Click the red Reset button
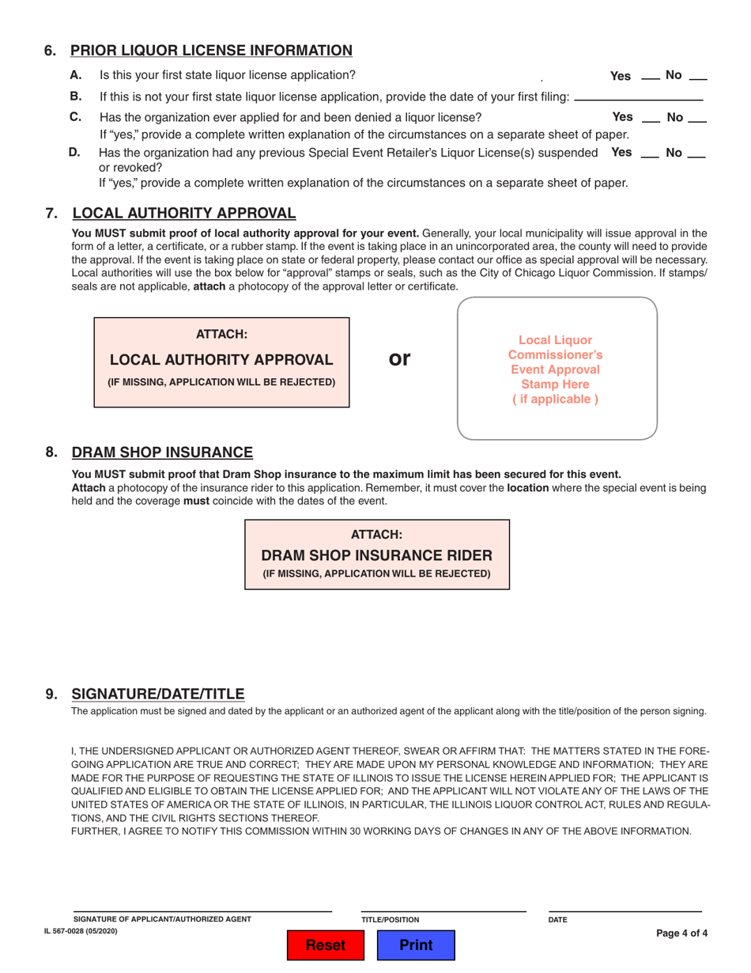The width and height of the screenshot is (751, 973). click(326, 945)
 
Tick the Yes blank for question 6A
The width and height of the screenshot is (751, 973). click(650, 78)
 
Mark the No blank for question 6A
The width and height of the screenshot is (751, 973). click(698, 78)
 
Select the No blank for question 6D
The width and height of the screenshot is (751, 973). click(696, 153)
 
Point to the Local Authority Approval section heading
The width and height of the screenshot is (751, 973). click(184, 213)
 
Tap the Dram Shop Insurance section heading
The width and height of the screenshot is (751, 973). click(162, 452)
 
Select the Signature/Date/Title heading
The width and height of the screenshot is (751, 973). click(158, 694)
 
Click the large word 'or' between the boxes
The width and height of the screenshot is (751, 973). click(401, 358)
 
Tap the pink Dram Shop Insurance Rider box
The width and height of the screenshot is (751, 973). click(377, 555)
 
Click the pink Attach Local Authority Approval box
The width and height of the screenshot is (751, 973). click(221, 362)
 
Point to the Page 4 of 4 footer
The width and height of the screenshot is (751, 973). click(681, 933)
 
